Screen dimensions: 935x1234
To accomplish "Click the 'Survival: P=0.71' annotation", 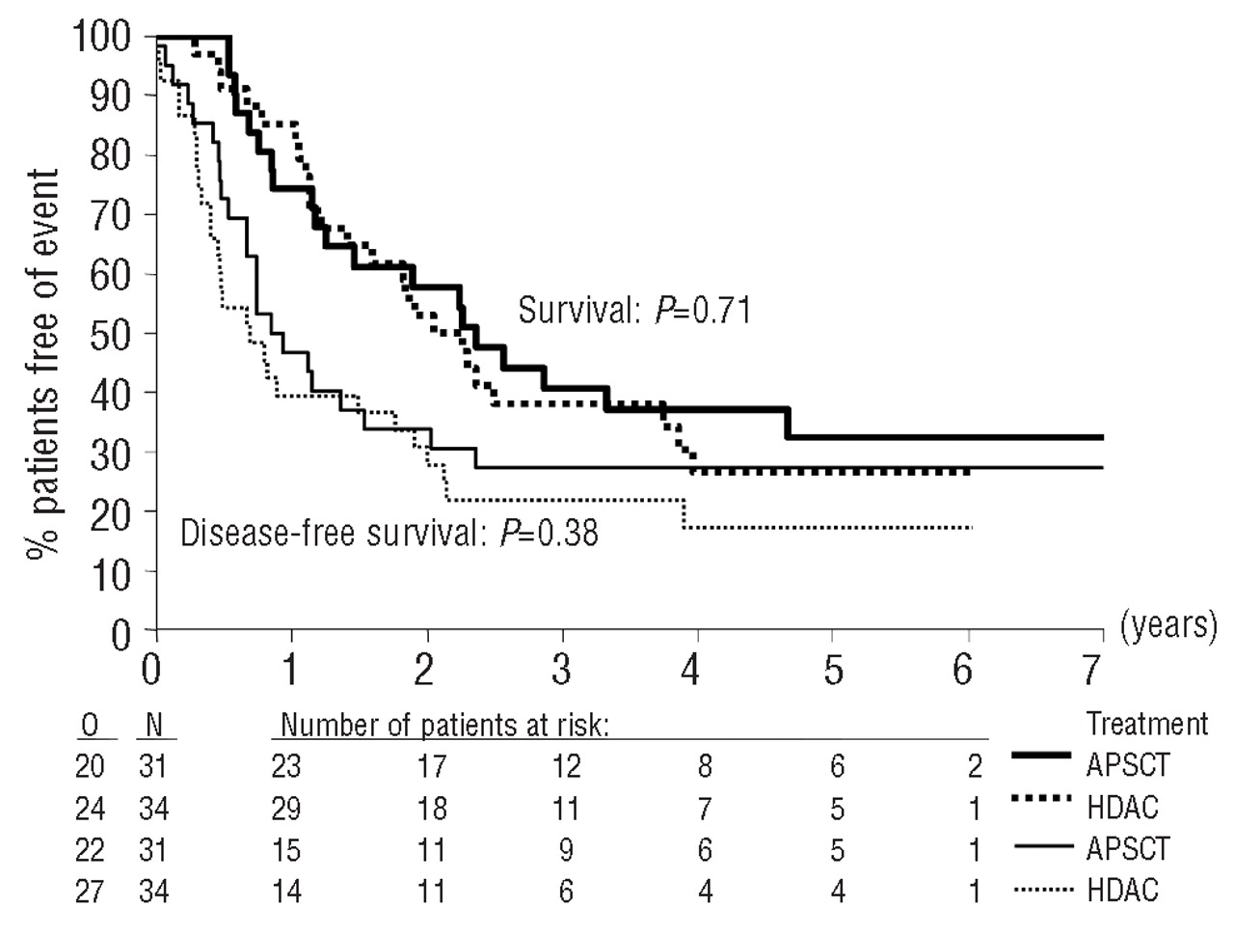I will [634, 310].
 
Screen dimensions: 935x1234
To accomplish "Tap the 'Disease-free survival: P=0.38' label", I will [389, 532].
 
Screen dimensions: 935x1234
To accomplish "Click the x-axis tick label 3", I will [562, 670].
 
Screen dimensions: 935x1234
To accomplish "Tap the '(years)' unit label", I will [1168, 625].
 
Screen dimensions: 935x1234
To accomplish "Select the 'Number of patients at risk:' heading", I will [445, 725].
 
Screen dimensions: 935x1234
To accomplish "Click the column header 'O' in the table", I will [90, 725].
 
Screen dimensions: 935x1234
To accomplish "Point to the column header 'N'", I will [152, 725].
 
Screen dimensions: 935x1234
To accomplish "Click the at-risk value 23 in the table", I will [286, 766].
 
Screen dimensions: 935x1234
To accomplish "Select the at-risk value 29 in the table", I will [286, 808].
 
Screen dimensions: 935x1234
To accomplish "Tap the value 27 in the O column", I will [90, 891].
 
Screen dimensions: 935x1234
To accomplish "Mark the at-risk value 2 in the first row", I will [975, 766].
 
